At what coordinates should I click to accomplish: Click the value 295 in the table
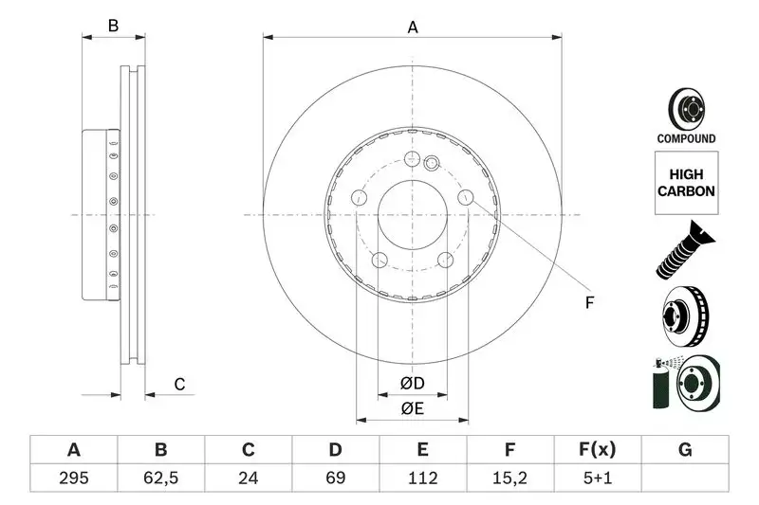[x=73, y=478]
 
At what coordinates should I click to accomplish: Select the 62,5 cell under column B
[x=160, y=478]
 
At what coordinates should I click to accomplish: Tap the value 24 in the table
[x=248, y=478]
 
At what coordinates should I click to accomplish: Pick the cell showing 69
[x=336, y=478]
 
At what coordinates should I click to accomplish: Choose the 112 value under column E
[x=423, y=478]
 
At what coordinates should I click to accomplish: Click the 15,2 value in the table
[x=510, y=478]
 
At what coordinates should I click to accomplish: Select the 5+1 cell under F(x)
[x=598, y=478]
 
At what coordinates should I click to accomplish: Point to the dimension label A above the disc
[x=413, y=27]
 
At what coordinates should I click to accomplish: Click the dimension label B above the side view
[x=113, y=27]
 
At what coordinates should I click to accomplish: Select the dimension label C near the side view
[x=178, y=384]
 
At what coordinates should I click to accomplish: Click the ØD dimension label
[x=411, y=384]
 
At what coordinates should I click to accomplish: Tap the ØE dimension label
[x=411, y=408]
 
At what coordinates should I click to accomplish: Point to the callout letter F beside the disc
[x=588, y=303]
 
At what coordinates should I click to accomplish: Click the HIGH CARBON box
[x=685, y=184]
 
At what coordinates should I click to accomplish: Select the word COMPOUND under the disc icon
[x=685, y=138]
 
